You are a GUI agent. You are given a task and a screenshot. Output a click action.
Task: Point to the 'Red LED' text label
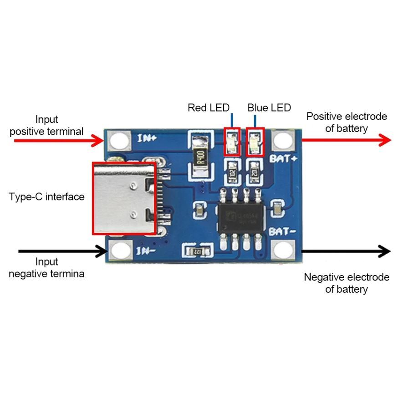click(x=209, y=108)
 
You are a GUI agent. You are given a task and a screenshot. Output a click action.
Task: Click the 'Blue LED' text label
click(x=269, y=108)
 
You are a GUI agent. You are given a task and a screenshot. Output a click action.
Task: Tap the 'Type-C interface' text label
click(x=47, y=197)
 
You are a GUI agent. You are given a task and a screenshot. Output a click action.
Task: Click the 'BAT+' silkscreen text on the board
click(x=283, y=159)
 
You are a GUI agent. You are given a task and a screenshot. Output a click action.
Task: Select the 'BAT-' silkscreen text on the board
click(x=283, y=231)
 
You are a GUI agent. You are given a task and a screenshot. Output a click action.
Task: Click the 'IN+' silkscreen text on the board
click(x=147, y=138)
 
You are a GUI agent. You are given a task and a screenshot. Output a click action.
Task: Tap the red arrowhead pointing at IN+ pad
click(x=97, y=141)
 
